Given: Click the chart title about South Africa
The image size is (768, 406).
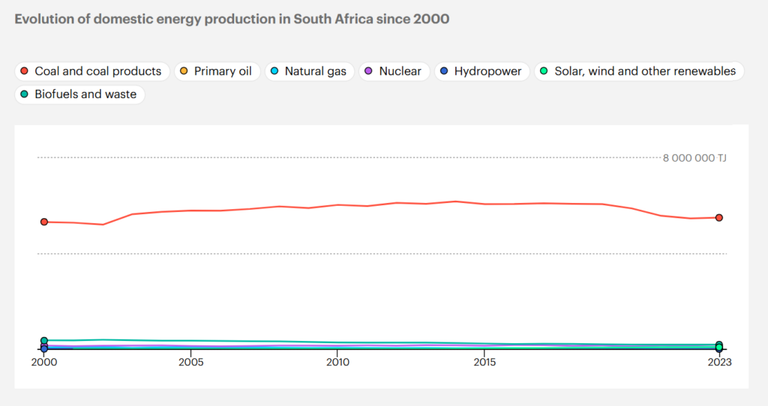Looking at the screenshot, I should (232, 19).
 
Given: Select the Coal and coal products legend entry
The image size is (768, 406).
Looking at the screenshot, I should (92, 72).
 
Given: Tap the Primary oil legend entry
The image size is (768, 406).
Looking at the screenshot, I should (217, 72).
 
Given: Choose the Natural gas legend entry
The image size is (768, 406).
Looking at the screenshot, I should (307, 72).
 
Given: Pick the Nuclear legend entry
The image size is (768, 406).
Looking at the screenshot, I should (394, 72).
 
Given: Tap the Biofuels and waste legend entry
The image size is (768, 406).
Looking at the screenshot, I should (79, 95).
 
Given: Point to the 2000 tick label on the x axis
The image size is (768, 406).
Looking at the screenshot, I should (44, 362).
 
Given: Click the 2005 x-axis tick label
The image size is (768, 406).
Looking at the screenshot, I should (191, 362).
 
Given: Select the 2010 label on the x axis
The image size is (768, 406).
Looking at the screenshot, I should (337, 362).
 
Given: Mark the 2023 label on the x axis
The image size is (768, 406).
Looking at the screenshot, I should (719, 362).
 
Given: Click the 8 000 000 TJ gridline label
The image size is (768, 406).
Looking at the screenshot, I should (694, 158).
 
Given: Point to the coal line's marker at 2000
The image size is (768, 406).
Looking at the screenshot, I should (44, 222).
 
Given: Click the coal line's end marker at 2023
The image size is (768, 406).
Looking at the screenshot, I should (719, 218).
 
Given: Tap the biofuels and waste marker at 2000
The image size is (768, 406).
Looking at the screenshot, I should (44, 341).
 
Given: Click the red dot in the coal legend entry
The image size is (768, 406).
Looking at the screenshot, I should (25, 72).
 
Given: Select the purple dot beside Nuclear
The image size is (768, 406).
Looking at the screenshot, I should (369, 72).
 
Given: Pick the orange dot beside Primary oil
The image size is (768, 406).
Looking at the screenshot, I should (184, 72).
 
